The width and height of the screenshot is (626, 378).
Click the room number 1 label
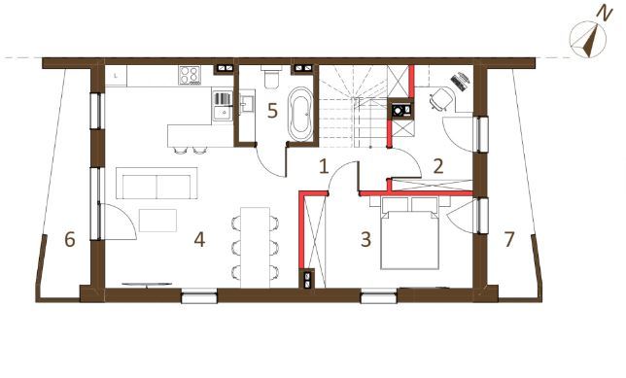324,166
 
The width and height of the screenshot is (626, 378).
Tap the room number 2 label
438,166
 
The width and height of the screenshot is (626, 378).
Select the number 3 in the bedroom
365,239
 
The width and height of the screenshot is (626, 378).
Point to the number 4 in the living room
199,239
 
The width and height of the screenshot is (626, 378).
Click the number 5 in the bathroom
272,111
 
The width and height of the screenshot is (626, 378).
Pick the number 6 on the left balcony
70,239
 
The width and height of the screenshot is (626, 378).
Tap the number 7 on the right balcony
509,239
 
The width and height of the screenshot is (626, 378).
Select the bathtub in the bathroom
300,115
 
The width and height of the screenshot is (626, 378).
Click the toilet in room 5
272,77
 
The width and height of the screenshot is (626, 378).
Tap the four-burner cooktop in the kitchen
190,75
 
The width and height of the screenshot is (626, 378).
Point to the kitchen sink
222,106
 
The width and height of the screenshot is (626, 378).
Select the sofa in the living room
156,184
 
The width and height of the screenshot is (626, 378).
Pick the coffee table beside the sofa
158,221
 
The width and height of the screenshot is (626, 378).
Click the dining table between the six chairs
256,248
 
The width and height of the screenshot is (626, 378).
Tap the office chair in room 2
441,99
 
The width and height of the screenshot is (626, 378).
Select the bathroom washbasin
247,102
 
